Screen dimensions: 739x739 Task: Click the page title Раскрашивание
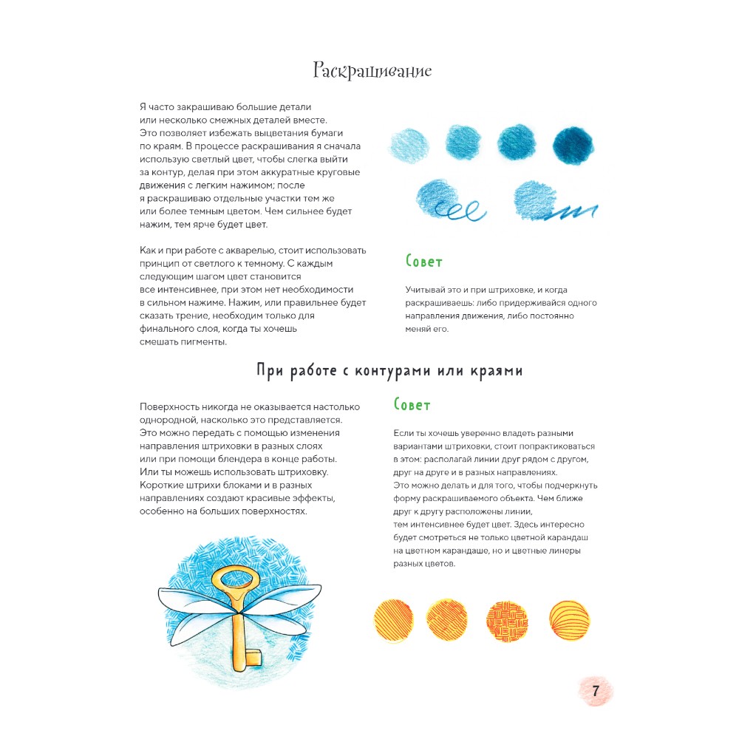click(372, 71)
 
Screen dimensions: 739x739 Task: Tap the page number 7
click(596, 692)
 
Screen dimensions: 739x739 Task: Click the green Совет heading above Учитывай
click(424, 261)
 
